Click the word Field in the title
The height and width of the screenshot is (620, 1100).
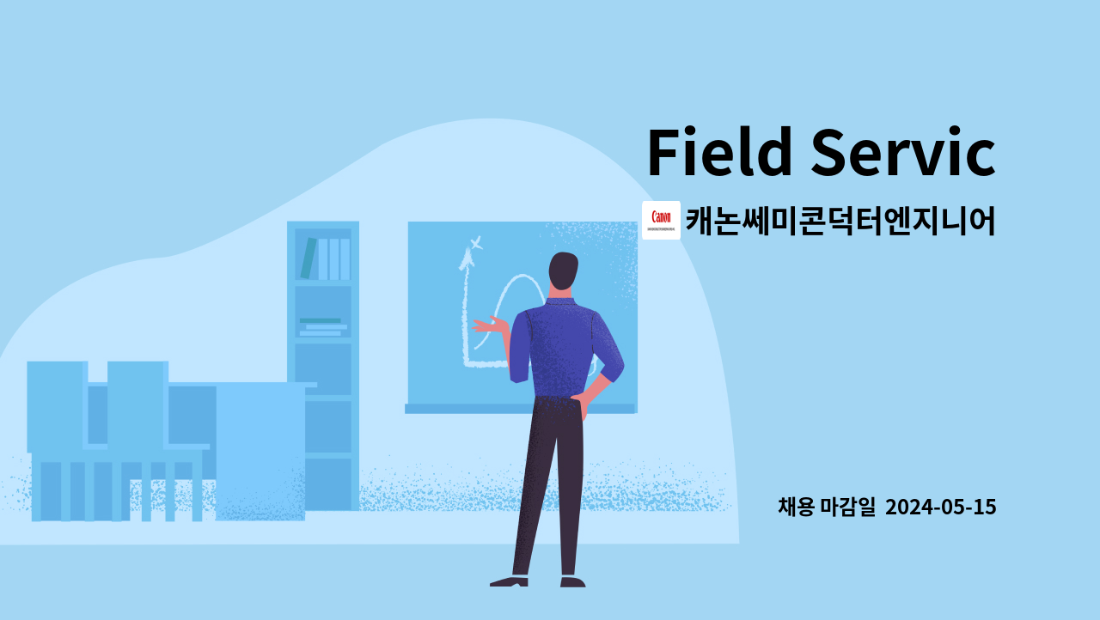(719, 153)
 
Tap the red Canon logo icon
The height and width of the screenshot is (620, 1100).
(661, 220)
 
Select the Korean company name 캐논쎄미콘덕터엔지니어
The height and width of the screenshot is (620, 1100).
(840, 221)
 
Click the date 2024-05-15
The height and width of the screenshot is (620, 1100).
(940, 508)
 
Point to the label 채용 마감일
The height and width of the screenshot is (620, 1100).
(826, 508)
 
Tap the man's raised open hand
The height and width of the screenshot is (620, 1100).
(486, 325)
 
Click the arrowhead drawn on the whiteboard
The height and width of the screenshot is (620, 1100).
(468, 255)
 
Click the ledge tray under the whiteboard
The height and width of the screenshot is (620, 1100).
(520, 409)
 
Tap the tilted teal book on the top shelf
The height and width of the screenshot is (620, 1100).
(308, 258)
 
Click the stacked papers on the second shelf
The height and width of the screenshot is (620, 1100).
(322, 327)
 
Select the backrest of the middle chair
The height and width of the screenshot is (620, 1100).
(137, 404)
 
